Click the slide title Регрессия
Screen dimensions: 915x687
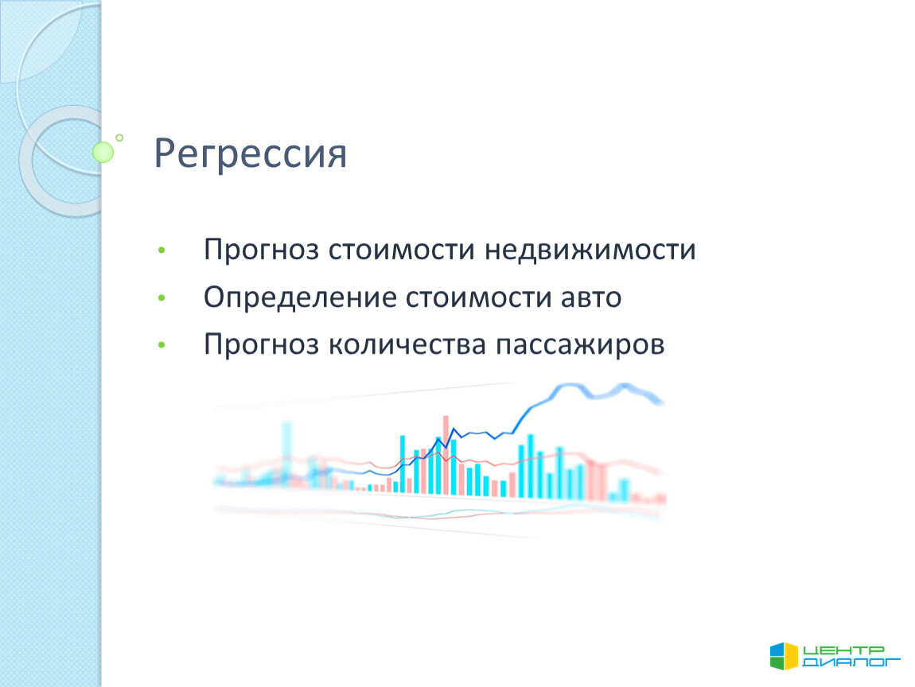251,154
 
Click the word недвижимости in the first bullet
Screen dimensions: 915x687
590,250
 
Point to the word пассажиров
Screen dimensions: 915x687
580,345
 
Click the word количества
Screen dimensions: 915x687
407,345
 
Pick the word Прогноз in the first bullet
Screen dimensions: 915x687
261,250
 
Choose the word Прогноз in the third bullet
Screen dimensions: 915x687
261,345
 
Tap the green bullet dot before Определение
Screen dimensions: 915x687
162,298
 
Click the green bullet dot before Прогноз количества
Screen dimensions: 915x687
162,345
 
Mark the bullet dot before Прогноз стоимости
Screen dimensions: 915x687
162,250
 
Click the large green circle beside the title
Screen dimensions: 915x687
103,152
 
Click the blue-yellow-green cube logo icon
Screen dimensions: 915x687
784,656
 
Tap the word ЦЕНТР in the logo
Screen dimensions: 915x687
844,650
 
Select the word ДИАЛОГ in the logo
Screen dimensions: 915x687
851,662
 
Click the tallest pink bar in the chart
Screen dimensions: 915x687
446,455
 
